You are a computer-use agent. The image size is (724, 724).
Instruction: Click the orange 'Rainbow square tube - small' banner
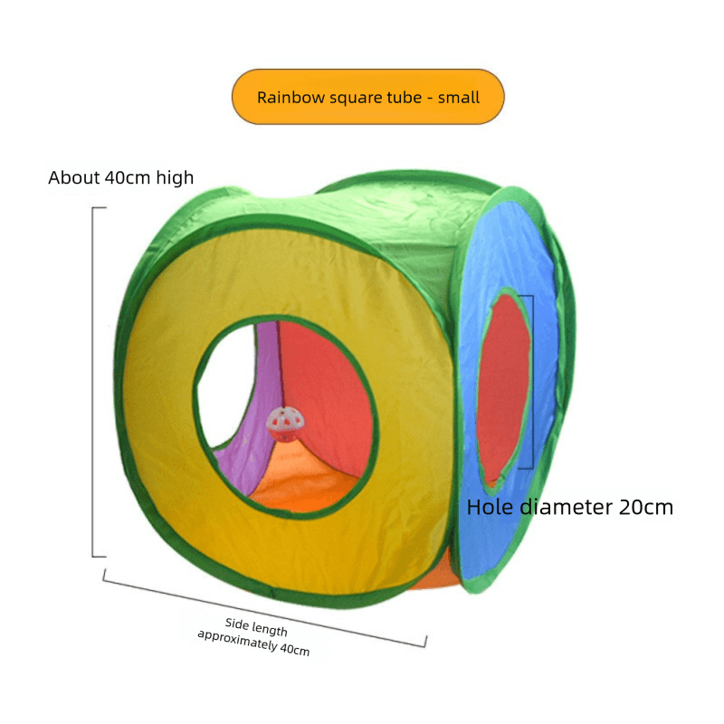coord(368,97)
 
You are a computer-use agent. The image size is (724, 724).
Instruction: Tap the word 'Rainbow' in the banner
coord(291,98)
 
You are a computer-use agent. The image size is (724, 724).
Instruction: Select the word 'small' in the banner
coord(459,98)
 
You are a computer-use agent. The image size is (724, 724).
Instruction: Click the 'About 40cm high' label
coord(121,177)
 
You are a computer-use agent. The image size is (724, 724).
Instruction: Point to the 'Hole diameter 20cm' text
coord(570,507)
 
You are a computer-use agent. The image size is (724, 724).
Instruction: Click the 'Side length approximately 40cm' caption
coord(254,636)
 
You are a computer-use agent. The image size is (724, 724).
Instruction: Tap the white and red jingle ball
coord(285,424)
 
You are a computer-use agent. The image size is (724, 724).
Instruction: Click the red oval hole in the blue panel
coord(503,388)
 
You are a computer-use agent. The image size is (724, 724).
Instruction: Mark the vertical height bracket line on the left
coord(93,382)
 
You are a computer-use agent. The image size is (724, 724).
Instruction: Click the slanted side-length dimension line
coord(264,608)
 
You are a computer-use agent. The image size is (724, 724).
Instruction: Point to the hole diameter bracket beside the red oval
coord(533,382)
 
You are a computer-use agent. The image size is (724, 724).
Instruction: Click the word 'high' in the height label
coord(175,177)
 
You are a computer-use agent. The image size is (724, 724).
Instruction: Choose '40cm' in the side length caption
coord(295,650)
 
